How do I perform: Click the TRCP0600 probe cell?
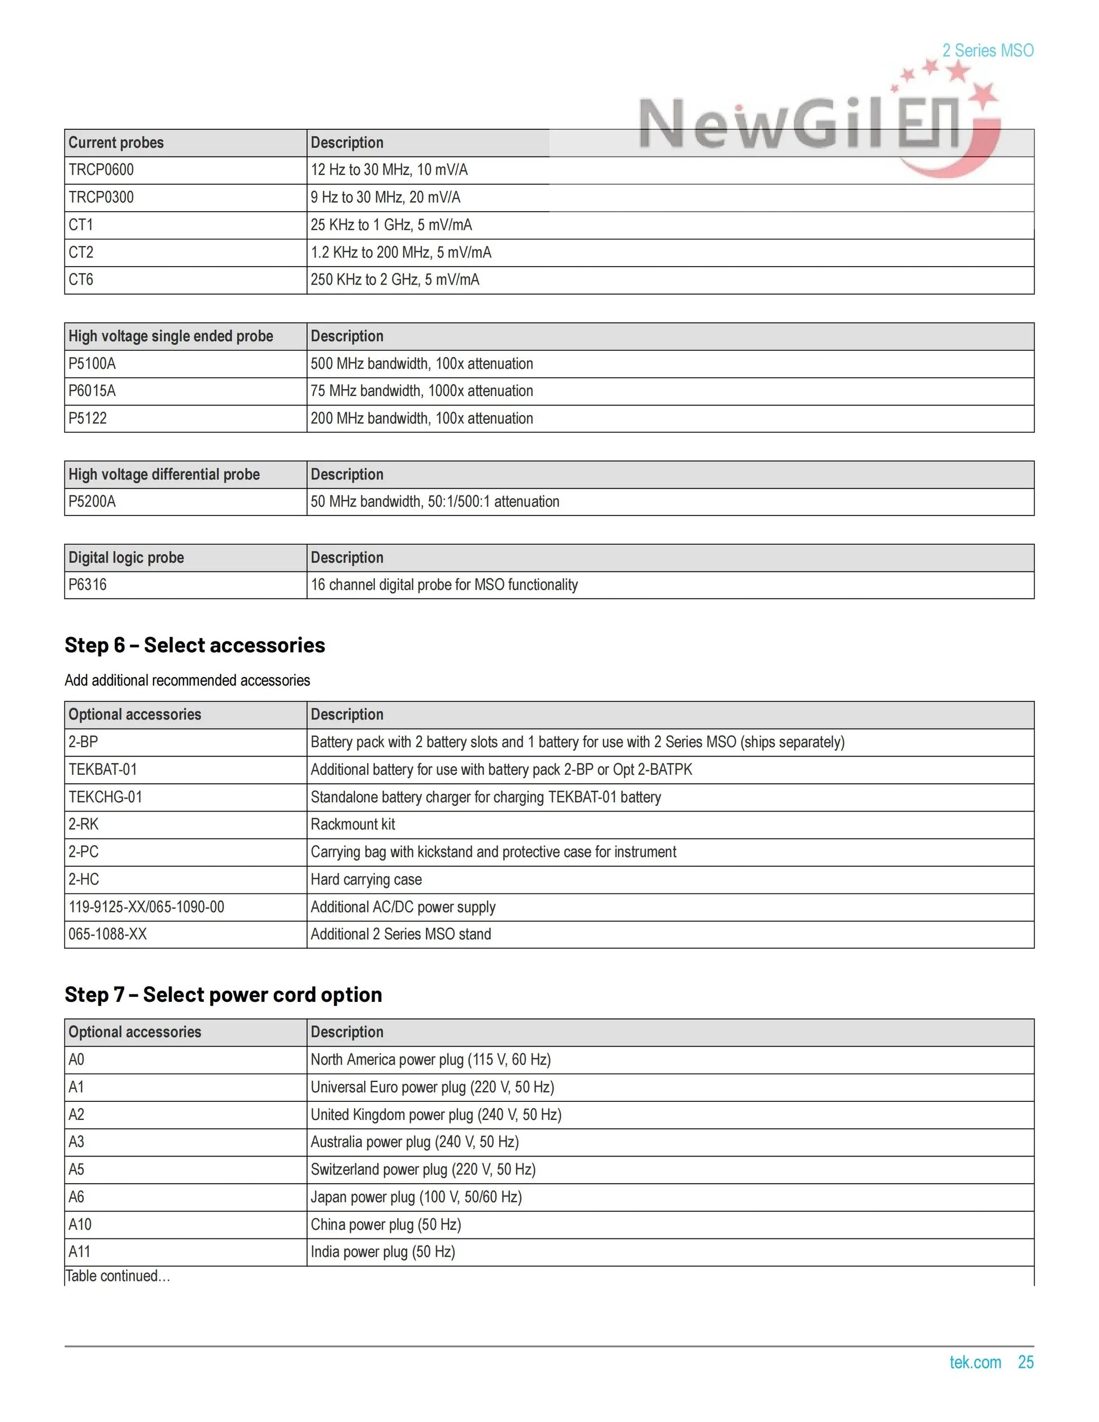[101, 170]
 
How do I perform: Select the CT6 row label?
[81, 280]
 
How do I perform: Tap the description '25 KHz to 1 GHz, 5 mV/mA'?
[391, 225]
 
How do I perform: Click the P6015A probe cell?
[92, 391]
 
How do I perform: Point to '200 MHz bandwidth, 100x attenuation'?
[421, 418]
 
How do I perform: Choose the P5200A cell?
[92, 501]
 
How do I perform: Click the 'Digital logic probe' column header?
[127, 557]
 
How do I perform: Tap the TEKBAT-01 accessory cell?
[103, 770]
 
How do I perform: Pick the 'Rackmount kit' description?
[353, 825]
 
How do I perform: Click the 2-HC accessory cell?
[84, 880]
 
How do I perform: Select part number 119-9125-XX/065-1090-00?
[146, 907]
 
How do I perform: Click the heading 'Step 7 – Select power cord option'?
[223, 994]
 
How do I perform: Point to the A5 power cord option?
[76, 1170]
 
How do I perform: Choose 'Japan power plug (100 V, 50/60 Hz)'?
[416, 1197]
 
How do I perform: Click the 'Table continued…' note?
[118, 1276]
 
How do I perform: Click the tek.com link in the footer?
[975, 1362]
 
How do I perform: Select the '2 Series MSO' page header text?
[988, 51]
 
